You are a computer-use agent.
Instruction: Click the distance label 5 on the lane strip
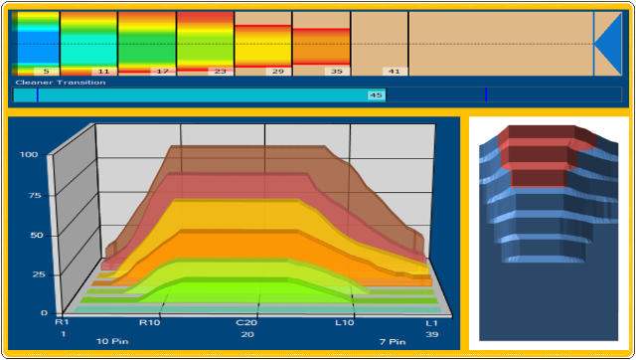[47, 72]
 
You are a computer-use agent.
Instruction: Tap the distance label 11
[103, 72]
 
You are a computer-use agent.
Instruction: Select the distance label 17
[163, 72]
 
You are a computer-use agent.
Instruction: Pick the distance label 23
[221, 72]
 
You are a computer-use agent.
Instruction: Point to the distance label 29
[278, 72]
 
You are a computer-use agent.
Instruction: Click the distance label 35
[337, 72]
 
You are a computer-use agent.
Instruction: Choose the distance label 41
[395, 72]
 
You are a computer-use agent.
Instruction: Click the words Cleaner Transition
[61, 83]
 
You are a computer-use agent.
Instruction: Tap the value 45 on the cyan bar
[376, 95]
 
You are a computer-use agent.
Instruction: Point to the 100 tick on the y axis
[29, 154]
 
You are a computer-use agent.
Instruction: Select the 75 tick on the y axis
[35, 196]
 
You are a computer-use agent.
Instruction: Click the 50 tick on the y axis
[37, 236]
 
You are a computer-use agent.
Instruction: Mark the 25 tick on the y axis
[39, 274]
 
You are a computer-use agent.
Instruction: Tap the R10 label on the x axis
[150, 323]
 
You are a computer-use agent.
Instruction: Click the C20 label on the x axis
[246, 323]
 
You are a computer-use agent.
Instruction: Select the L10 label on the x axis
[345, 323]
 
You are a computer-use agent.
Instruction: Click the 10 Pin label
[112, 341]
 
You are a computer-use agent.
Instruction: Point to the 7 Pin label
[393, 342]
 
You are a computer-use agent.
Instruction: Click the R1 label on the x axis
[62, 322]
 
